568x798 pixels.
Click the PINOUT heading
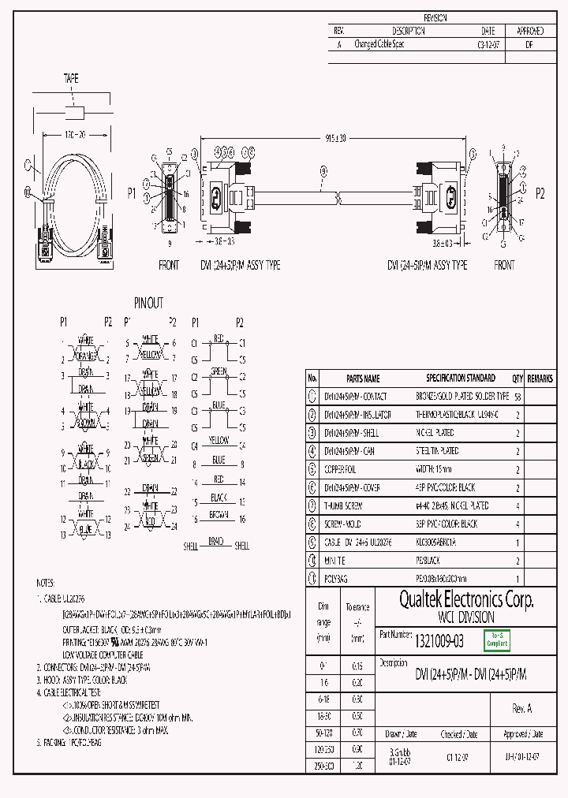coord(148,303)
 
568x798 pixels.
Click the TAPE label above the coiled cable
coord(71,79)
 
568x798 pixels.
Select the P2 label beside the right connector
coord(540,193)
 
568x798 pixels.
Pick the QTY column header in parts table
coord(518,378)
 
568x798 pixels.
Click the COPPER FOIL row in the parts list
coord(346,469)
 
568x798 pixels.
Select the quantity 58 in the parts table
coord(518,397)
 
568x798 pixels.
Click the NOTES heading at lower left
coord(45,582)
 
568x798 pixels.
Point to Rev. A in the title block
coord(522,709)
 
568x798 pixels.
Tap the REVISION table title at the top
coord(435,17)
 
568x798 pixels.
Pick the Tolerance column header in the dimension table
coord(357,607)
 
